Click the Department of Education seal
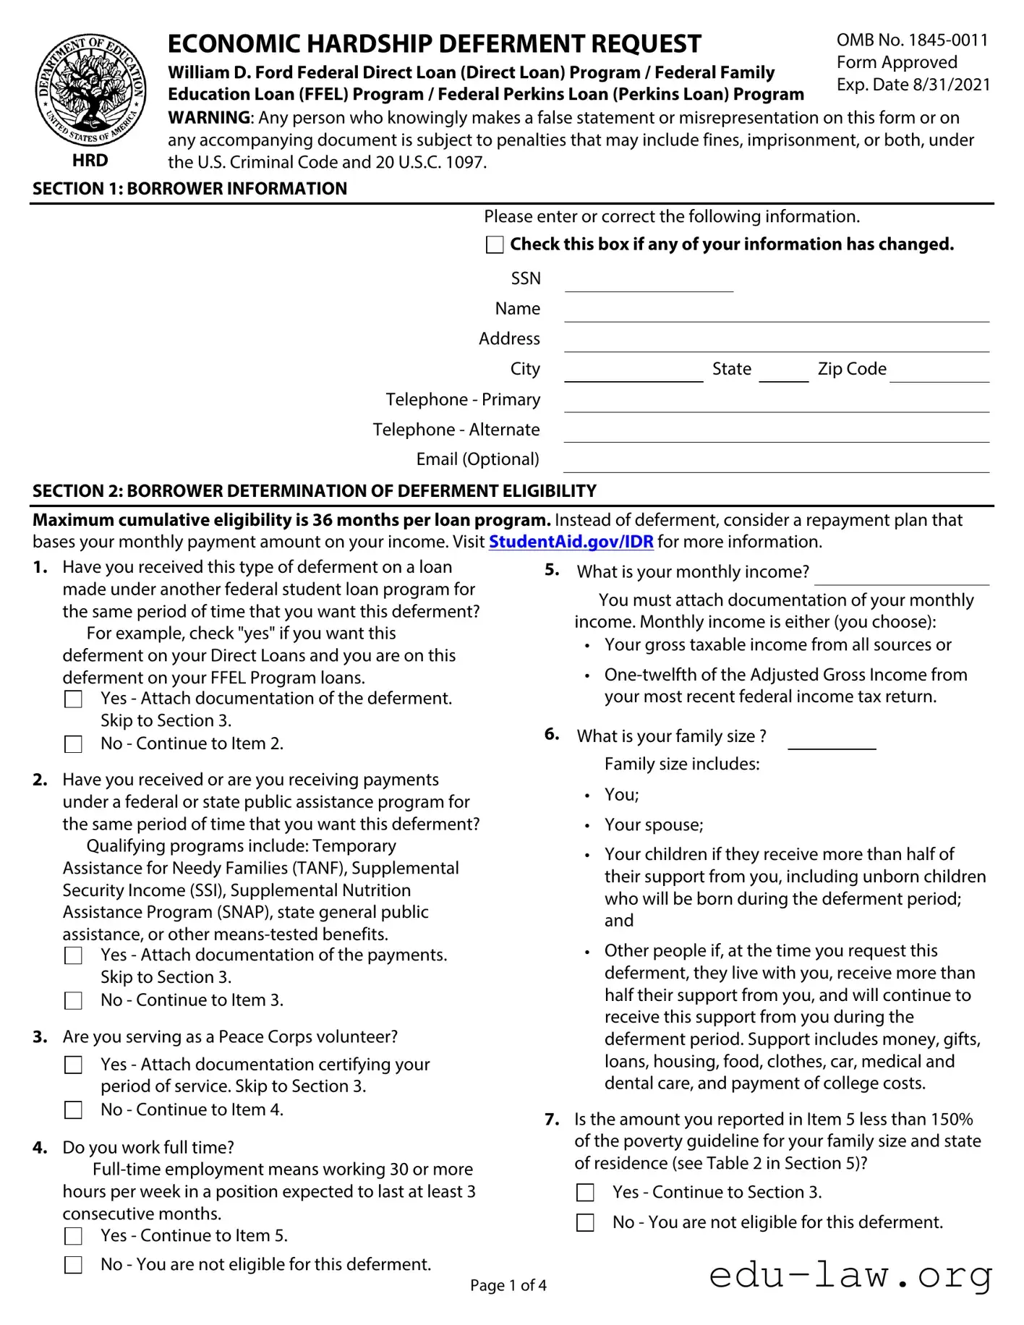click(90, 91)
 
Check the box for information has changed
click(495, 244)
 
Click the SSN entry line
click(649, 283)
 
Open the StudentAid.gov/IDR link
click(571, 542)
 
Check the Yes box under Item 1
click(74, 699)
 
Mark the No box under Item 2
click(74, 1001)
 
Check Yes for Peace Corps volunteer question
click(74, 1065)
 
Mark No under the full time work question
click(74, 1265)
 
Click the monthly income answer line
click(901, 576)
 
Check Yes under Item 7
click(585, 1193)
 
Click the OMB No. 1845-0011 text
click(912, 41)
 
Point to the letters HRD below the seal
click(90, 161)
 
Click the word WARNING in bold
click(209, 118)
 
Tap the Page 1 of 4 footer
click(508, 1285)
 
